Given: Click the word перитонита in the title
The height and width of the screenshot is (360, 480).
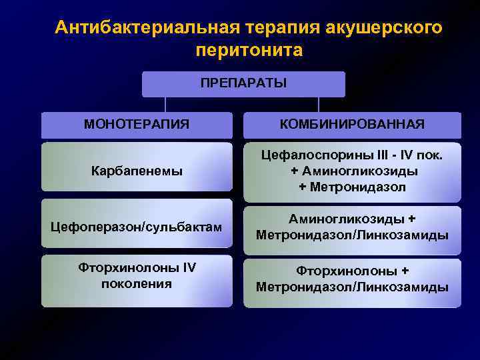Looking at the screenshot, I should tap(249, 51).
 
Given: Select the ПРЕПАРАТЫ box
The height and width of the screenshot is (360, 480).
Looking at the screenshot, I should tap(243, 84).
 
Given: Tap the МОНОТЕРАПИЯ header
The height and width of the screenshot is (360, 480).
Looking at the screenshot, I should tap(136, 124).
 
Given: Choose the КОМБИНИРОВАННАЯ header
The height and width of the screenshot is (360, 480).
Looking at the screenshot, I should tap(351, 124).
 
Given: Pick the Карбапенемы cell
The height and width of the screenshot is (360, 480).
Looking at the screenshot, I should tap(136, 171).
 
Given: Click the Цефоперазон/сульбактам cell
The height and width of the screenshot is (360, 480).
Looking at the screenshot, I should tap(136, 227).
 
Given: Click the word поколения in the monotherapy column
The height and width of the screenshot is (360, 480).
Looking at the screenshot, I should tap(136, 284).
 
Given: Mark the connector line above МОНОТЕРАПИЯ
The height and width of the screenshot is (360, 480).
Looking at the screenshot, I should tap(165, 104).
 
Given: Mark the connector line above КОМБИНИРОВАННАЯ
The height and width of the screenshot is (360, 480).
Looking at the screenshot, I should tap(319, 104).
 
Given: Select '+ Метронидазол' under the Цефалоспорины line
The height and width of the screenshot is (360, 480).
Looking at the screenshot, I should tap(352, 187).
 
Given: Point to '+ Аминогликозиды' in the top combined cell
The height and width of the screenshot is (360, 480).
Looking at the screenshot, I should tap(352, 171).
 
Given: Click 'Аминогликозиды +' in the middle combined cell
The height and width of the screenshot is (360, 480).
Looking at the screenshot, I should tap(352, 219).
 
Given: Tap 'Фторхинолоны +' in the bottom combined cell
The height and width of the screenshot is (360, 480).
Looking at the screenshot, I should tap(352, 271).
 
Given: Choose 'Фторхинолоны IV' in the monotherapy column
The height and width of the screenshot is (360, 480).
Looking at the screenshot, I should tap(136, 268).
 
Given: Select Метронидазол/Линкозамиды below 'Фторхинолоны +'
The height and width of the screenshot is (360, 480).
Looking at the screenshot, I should tap(352, 287).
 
